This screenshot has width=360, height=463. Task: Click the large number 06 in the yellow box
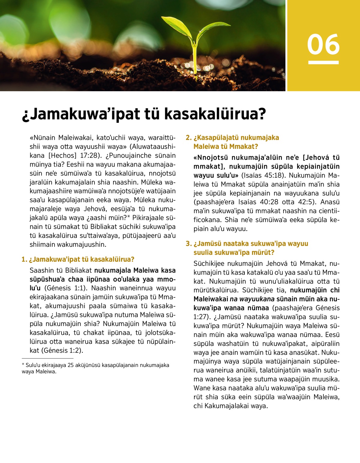[x=323, y=44]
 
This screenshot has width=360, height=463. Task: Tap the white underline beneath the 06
[x=323, y=62]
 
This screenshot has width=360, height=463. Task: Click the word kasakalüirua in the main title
[x=215, y=114]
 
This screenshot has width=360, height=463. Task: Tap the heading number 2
[x=189, y=138]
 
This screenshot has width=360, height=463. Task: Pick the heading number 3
[x=189, y=244]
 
